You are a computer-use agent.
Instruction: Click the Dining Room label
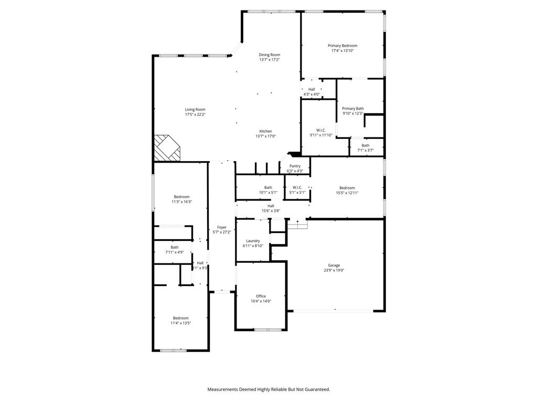(x=269, y=55)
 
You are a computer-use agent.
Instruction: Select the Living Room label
(x=195, y=110)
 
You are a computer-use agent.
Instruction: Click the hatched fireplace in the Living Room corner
(x=166, y=148)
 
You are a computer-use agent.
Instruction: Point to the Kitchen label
(x=265, y=131)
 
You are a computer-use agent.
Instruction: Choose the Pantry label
(x=295, y=166)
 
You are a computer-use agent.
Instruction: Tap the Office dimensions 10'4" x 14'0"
(x=261, y=301)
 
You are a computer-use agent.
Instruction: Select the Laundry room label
(x=253, y=241)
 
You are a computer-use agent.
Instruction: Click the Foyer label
(x=222, y=227)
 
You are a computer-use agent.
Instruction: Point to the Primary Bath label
(x=353, y=109)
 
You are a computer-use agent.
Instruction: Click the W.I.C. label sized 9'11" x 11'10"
(x=321, y=130)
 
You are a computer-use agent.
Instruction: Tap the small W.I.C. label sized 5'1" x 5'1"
(x=297, y=187)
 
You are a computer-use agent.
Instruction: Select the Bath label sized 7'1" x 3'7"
(x=365, y=145)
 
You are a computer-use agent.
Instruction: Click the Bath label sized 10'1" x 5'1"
(x=268, y=187)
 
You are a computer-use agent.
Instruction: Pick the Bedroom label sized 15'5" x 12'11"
(x=347, y=188)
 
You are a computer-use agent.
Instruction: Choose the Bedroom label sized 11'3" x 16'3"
(x=181, y=197)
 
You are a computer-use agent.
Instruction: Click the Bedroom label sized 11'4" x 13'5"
(x=180, y=318)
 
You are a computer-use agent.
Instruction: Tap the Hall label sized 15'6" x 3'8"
(x=271, y=206)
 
